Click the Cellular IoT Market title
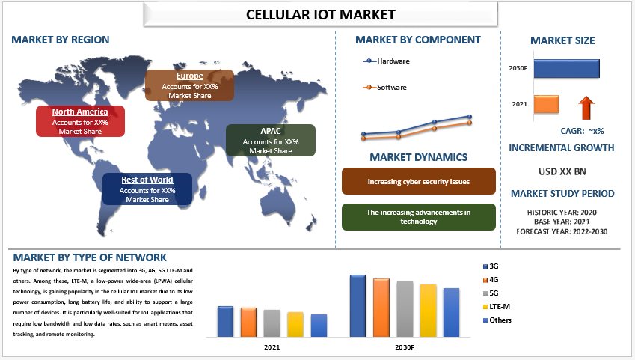320,15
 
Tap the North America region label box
80,121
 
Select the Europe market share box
189,85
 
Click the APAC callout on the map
271,140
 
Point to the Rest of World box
147,189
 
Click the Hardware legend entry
387,61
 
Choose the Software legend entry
384,87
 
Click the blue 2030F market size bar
566,69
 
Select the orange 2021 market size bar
546,104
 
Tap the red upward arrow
586,108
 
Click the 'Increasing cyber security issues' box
418,181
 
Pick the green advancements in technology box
418,217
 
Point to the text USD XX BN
562,171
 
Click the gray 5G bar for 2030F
405,309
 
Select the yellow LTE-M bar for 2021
295,324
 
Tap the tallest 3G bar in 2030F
358,305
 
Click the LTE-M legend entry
497,307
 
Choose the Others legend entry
497,320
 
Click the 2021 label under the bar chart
272,347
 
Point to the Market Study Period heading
562,193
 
